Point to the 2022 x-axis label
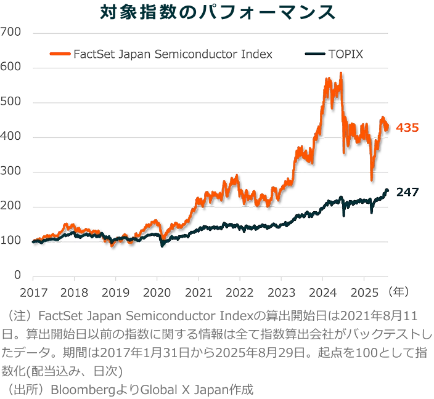(240, 291)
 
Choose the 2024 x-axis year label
(324, 291)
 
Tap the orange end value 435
(407, 128)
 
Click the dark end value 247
(407, 193)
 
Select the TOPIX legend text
(347, 54)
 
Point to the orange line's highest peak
(340, 73)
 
